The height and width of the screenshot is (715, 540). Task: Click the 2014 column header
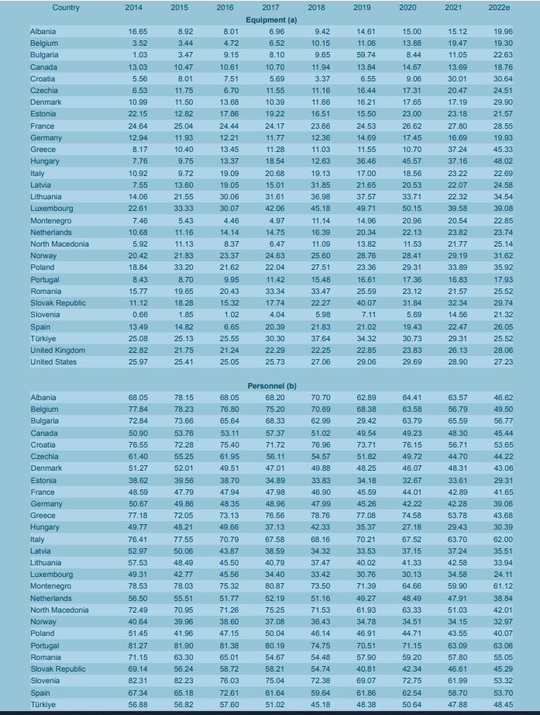[133, 7]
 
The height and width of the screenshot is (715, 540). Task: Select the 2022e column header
[499, 7]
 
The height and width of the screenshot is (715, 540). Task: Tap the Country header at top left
[66, 7]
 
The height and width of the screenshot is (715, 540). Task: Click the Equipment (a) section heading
[271, 19]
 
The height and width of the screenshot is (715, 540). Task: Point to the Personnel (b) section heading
[272, 385]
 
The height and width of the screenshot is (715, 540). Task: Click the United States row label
[53, 361]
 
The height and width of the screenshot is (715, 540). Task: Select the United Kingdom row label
[58, 351]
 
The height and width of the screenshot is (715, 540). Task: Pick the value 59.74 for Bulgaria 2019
[366, 55]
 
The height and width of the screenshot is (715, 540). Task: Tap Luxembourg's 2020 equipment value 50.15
[412, 209]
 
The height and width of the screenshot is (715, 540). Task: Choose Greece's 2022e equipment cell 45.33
[503, 150]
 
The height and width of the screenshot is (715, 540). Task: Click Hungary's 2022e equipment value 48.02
[503, 161]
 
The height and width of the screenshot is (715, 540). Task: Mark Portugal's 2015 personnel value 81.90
[184, 645]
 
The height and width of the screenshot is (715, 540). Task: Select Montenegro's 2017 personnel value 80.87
[275, 586]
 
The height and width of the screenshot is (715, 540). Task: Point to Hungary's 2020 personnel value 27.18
[412, 527]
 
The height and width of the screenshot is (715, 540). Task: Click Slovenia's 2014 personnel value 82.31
[138, 680]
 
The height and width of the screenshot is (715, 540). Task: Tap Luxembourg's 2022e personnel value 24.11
[503, 574]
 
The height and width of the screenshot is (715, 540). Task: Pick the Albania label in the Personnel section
[43, 398]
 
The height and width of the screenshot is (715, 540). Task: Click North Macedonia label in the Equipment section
[59, 244]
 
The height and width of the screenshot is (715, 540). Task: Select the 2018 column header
[316, 7]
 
